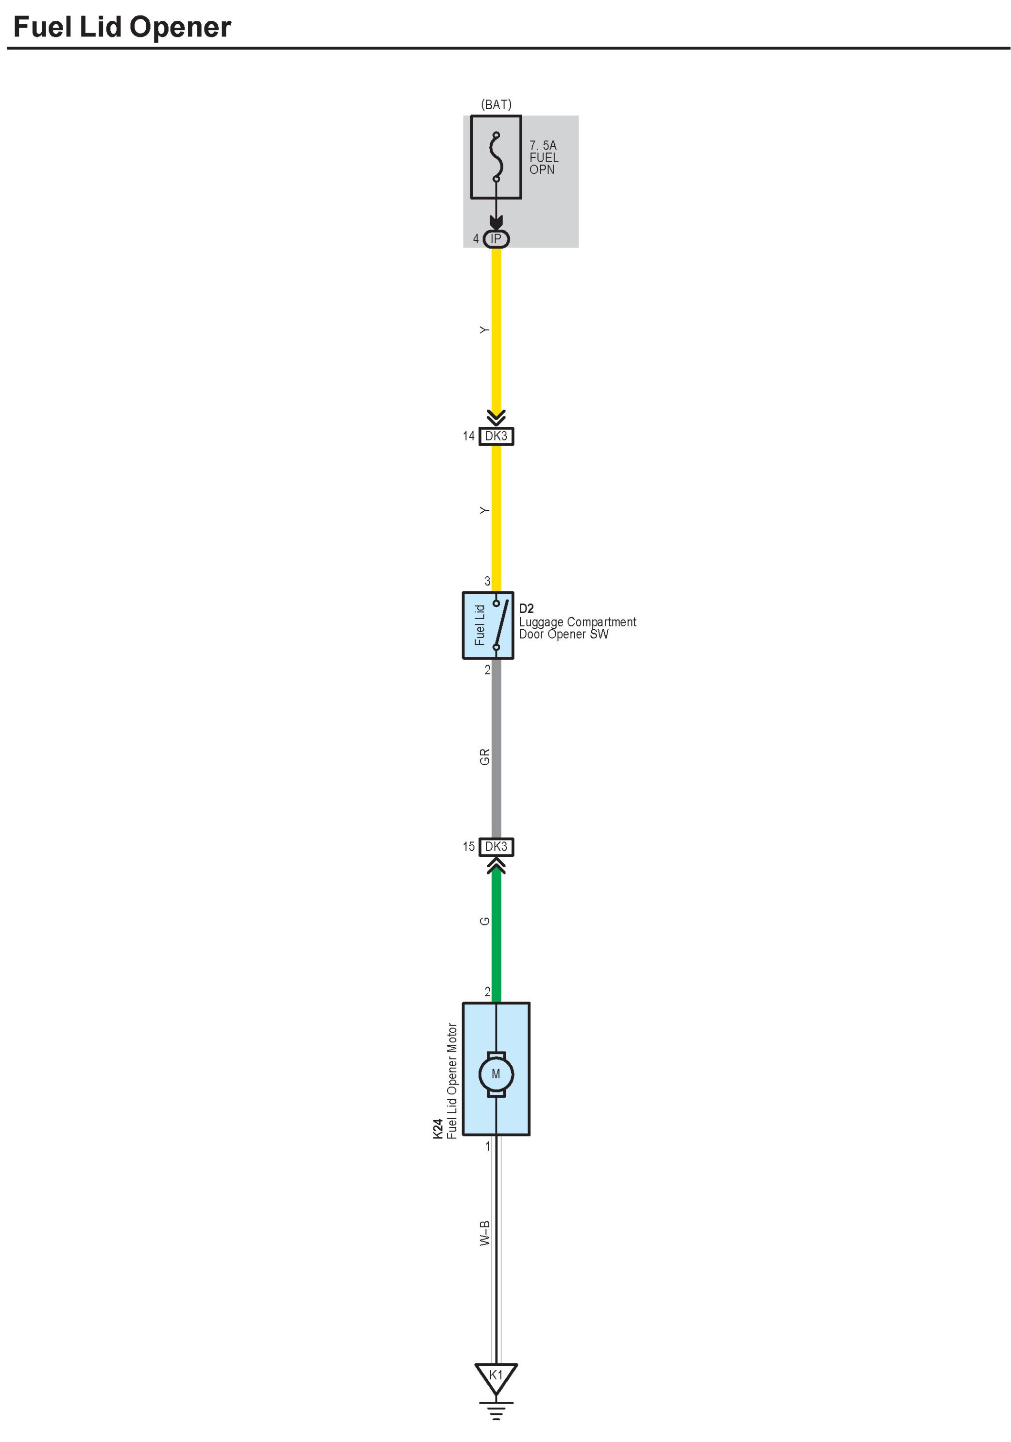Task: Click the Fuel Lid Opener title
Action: coord(122,28)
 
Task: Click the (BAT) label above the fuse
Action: coord(496,104)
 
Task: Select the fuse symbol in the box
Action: coord(496,157)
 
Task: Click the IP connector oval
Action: coord(496,239)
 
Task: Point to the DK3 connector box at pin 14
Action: coord(496,436)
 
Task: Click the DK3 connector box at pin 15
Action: coord(496,847)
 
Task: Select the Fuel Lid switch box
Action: coord(488,625)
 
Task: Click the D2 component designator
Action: coord(526,608)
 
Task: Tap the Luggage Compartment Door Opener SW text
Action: coord(577,628)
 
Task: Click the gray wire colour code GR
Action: coord(484,757)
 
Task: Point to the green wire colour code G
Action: coord(484,921)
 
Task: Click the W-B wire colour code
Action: coord(484,1233)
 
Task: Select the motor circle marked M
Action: coord(496,1074)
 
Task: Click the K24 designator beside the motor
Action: coord(438,1129)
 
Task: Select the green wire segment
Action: coord(496,936)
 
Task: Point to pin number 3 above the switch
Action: coord(487,581)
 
